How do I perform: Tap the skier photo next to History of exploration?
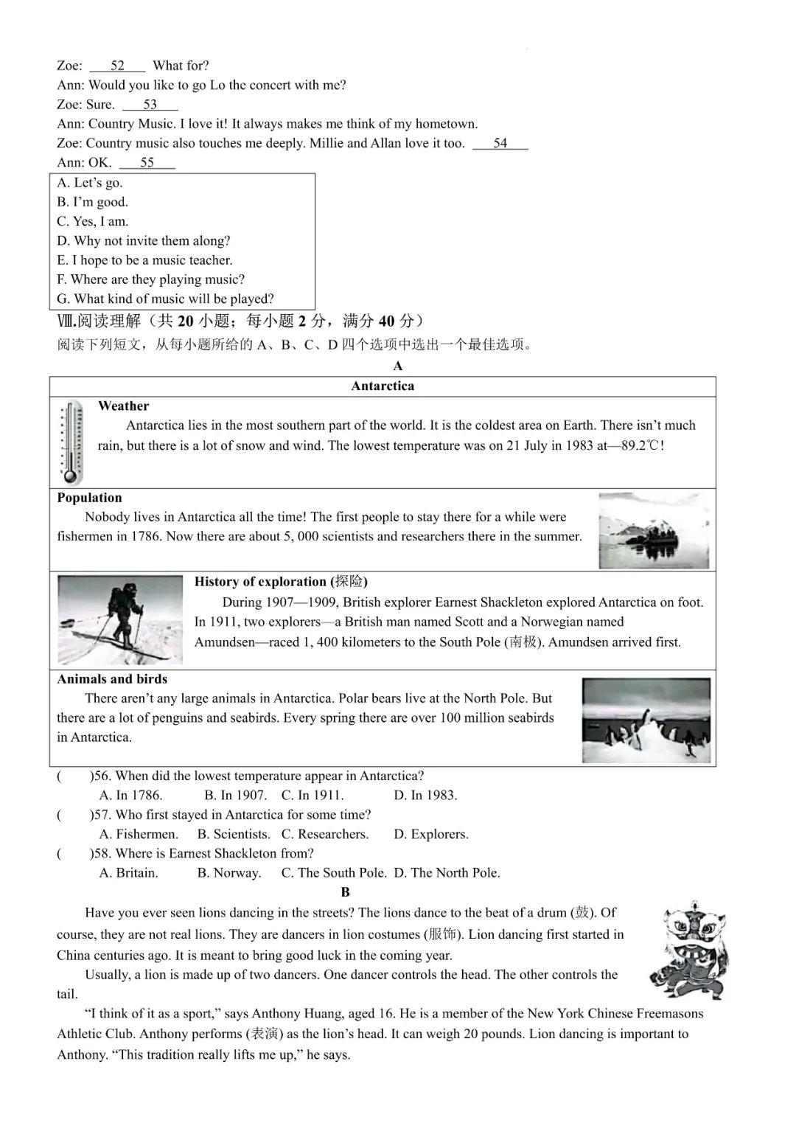[x=119, y=619]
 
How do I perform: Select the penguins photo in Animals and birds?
[x=646, y=720]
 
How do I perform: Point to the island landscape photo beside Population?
[x=654, y=531]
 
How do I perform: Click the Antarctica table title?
[x=383, y=386]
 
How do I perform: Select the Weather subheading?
[x=123, y=406]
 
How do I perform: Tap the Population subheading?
[x=89, y=498]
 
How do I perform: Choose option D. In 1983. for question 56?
[x=425, y=795]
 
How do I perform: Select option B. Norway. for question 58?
[x=229, y=872]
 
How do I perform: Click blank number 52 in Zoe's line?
[x=117, y=66]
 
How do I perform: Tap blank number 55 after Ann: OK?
[x=147, y=163]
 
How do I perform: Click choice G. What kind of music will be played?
[x=165, y=299]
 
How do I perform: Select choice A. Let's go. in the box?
[x=90, y=183]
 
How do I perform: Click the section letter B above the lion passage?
[x=346, y=892]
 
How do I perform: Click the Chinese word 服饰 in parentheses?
[x=443, y=934]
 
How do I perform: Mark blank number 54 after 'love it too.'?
[x=500, y=143]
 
